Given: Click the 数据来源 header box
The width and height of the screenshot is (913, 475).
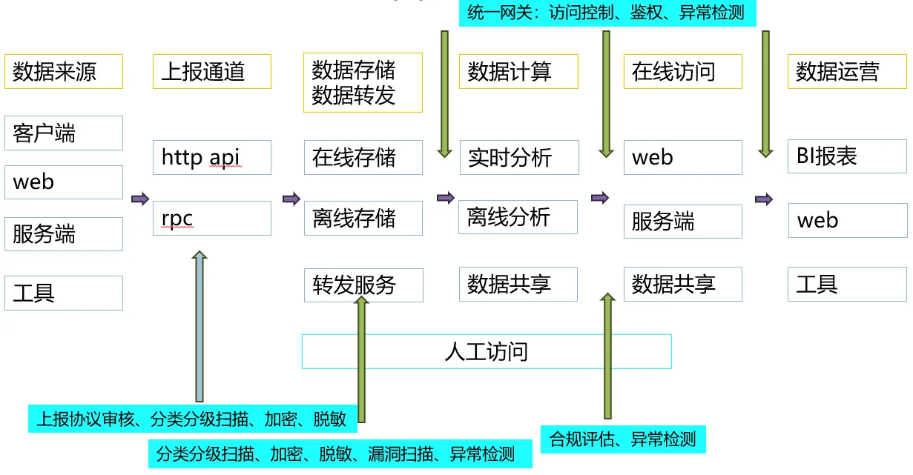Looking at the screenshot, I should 63,72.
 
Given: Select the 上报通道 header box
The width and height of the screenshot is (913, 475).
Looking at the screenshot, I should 211,72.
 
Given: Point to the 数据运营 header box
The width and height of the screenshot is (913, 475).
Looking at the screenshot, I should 847,72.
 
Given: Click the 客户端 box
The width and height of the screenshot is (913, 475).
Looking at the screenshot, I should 63,133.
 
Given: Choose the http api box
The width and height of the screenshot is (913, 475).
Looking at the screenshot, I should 211,157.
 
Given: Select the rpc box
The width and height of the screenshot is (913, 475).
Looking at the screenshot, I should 211,219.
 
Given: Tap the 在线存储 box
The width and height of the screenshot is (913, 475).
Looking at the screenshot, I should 363,157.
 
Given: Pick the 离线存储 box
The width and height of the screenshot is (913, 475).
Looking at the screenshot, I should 363,219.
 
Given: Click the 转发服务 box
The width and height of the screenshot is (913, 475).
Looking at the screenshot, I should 363,285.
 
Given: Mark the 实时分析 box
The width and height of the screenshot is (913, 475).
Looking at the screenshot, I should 518,157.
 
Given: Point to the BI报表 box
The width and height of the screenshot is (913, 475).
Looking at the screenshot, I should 847,156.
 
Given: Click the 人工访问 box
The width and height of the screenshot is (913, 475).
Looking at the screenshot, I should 486,351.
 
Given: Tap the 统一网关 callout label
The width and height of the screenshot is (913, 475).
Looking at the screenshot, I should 607,13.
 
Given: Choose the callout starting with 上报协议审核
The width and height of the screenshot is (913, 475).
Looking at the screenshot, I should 192,419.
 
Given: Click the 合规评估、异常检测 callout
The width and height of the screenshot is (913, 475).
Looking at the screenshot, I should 623,439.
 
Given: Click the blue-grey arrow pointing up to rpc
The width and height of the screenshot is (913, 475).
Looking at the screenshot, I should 200,326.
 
